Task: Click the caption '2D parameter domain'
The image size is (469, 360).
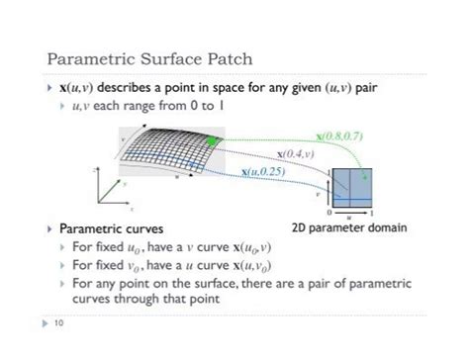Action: tap(349, 227)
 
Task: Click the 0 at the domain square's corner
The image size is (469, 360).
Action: tap(328, 211)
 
